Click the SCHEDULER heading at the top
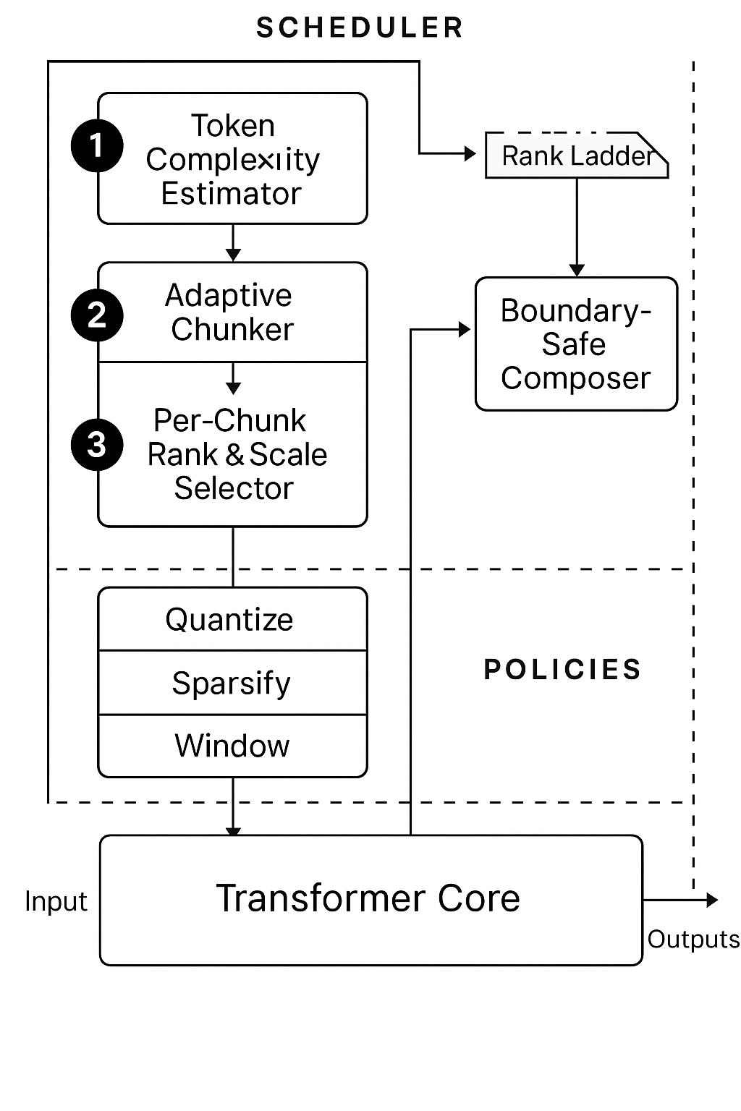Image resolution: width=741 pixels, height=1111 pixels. click(x=360, y=28)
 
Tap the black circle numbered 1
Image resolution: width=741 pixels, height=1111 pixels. click(x=97, y=145)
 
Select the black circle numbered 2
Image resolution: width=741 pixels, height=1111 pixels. click(x=97, y=315)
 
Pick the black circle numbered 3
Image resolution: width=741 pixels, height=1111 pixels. click(x=97, y=444)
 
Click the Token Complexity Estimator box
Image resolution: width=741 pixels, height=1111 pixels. click(x=232, y=158)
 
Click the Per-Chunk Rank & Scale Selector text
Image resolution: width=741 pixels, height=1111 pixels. click(x=236, y=454)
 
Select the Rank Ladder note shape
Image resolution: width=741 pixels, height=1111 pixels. click(x=576, y=156)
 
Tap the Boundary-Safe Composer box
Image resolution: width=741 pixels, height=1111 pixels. click(x=576, y=344)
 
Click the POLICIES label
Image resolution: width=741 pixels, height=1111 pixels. click(x=562, y=670)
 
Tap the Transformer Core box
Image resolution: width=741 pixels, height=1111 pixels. click(x=370, y=899)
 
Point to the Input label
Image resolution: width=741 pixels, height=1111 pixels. click(x=56, y=901)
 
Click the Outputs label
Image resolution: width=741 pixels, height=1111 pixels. click(x=693, y=939)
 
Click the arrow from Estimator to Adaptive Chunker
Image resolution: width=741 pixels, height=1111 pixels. click(x=232, y=243)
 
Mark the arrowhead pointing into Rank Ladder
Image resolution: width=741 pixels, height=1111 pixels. click(x=470, y=153)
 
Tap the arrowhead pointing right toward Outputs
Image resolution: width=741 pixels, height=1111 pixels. click(x=712, y=900)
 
